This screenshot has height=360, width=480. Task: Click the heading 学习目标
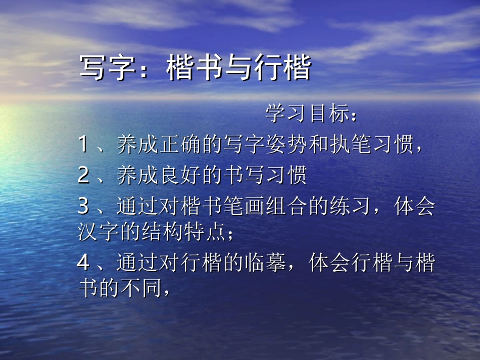coord(308,115)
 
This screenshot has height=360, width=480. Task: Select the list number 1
coord(83,145)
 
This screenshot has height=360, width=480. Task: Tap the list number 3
coord(83,207)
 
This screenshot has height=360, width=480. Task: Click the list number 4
coord(83,263)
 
